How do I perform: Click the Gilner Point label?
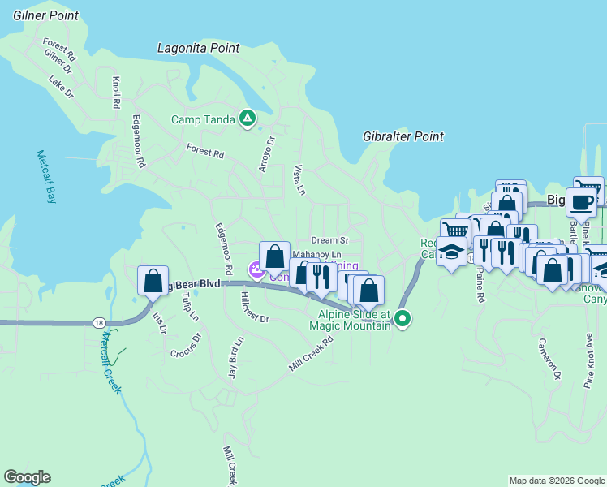(x=45, y=15)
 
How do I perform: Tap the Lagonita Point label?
(x=198, y=49)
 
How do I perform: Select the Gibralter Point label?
(x=403, y=136)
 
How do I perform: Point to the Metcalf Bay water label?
(x=42, y=177)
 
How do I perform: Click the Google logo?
(x=27, y=477)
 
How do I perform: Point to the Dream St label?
(x=329, y=240)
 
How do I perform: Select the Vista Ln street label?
(x=298, y=179)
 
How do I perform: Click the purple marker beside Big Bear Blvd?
(x=256, y=270)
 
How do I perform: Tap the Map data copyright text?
(x=556, y=481)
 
